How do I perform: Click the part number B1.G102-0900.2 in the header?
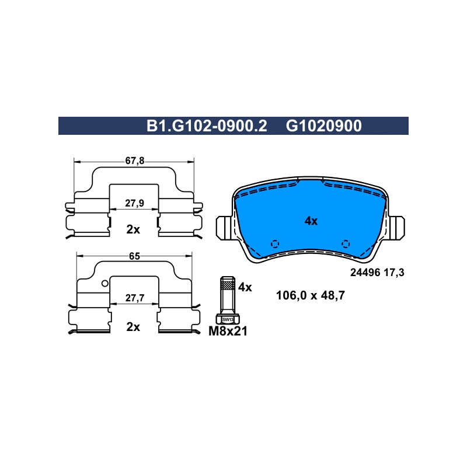207,126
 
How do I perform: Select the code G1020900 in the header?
324,126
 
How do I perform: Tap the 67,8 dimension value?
135,161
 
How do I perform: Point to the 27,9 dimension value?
135,203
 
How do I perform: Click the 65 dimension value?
134,256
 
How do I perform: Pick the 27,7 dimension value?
135,298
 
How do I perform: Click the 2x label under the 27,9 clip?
133,229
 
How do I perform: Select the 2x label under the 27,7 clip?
133,327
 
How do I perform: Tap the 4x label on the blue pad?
311,221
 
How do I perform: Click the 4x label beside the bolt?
245,287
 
